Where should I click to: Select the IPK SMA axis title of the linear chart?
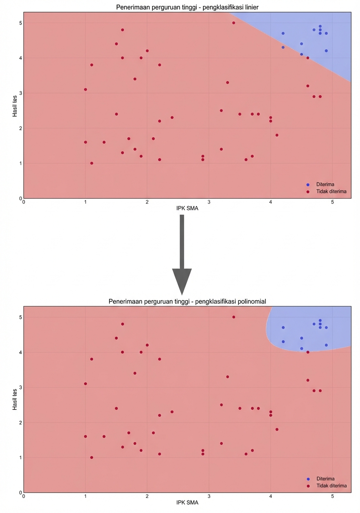[187, 209]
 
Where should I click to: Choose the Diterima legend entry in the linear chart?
[325, 184]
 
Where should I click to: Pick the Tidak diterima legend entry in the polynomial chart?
[332, 486]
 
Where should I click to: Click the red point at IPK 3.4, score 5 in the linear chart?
[234, 23]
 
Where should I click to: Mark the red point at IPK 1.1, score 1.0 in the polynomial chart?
[92, 457]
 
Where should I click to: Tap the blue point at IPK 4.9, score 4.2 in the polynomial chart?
[326, 345]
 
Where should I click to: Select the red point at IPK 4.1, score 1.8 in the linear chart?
[277, 135]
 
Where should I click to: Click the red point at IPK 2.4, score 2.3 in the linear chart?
[172, 117]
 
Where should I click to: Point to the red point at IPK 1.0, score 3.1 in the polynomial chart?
[85, 384]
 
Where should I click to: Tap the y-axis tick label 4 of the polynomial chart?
[20, 352]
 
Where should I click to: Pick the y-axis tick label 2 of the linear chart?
[20, 128]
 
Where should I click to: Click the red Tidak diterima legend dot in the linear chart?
[308, 191]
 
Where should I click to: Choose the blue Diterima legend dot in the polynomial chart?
[308, 478]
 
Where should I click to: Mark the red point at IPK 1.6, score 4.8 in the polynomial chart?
[122, 324]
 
